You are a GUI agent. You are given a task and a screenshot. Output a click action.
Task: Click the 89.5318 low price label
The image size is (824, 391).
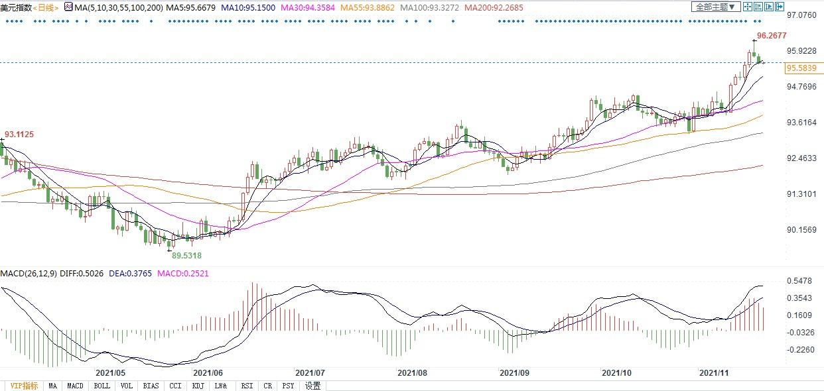click(x=186, y=255)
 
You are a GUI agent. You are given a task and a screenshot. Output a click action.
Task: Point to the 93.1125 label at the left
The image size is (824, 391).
click(x=19, y=135)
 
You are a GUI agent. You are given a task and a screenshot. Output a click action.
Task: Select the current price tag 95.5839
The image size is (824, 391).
click(x=801, y=68)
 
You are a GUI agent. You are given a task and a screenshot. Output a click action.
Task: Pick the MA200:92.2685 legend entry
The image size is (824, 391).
click(x=494, y=7)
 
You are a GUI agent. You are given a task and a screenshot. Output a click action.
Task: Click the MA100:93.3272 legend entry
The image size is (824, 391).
click(x=431, y=7)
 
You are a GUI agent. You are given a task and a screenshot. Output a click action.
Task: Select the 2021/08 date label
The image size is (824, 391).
click(x=413, y=373)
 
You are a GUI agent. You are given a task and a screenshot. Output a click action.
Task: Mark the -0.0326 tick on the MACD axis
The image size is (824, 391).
click(x=801, y=332)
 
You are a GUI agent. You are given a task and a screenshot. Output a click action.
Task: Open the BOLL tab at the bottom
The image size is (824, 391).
click(x=102, y=386)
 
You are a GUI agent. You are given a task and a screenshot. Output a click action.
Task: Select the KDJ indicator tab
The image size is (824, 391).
click(x=198, y=386)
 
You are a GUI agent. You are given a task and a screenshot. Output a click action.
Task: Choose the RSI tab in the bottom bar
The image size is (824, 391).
click(x=247, y=386)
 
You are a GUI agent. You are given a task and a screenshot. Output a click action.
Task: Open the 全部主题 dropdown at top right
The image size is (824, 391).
click(x=715, y=7)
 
